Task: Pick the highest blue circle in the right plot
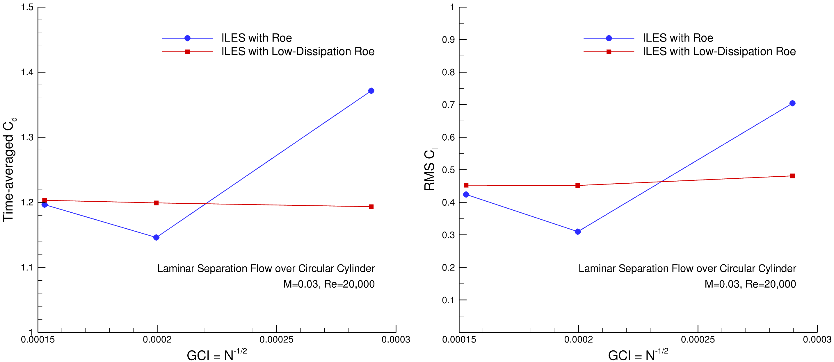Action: click(792, 103)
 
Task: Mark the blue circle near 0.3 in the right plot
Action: click(578, 232)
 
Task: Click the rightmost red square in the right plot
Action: click(792, 176)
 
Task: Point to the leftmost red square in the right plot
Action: click(466, 185)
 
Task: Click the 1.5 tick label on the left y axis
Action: click(27, 7)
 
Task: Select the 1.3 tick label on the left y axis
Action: click(27, 137)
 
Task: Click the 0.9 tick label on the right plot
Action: click(448, 40)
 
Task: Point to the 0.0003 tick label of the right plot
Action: click(817, 340)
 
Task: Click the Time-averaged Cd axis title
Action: click(9, 170)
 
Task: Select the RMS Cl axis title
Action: click(430, 170)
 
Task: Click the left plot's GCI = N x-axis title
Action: click(217, 355)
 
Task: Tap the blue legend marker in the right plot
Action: click(609, 38)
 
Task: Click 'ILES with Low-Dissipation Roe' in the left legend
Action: click(298, 52)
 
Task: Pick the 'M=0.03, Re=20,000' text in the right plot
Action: click(750, 284)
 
